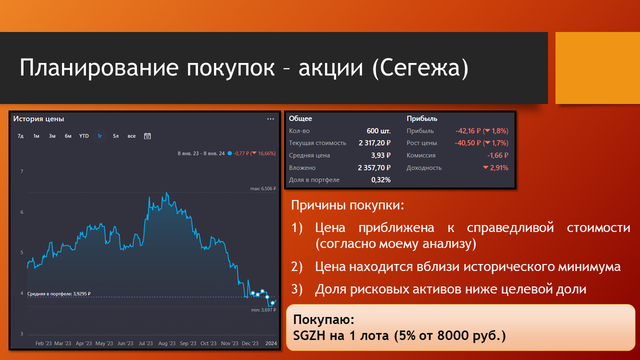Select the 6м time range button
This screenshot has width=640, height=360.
pyautogui.click(x=68, y=136)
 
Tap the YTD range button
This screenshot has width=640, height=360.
pyautogui.click(x=84, y=136)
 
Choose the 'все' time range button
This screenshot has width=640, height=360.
pyautogui.click(x=131, y=136)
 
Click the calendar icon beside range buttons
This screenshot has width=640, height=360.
pyautogui.click(x=147, y=136)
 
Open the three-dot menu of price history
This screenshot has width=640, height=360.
pyautogui.click(x=270, y=119)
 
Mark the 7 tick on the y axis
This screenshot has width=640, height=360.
pyautogui.click(x=22, y=172)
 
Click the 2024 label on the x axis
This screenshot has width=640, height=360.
pyautogui.click(x=271, y=343)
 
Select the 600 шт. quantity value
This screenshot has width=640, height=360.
pyautogui.click(x=379, y=131)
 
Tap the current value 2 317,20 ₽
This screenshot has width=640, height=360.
pyautogui.click(x=374, y=143)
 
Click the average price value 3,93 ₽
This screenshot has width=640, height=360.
pyautogui.click(x=381, y=155)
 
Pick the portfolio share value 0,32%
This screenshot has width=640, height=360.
pyautogui.click(x=381, y=180)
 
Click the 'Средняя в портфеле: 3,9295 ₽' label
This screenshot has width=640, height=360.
pyautogui.click(x=59, y=293)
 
